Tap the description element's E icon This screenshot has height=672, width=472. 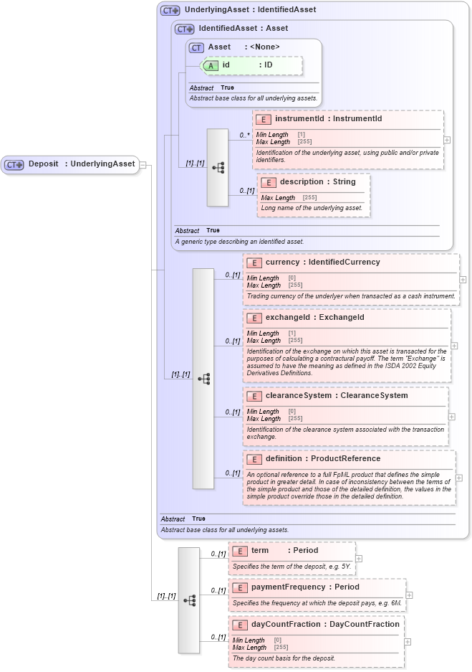(x=269, y=182)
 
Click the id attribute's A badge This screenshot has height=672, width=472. (x=211, y=65)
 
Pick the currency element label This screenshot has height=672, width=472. (x=282, y=262)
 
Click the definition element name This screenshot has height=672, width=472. (x=292, y=458)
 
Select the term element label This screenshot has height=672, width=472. (x=259, y=551)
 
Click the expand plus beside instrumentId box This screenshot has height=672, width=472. (x=447, y=140)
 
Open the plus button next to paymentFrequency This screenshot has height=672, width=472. (x=409, y=595)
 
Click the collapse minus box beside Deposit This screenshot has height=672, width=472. (x=143, y=164)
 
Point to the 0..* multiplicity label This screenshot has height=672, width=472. (x=244, y=135)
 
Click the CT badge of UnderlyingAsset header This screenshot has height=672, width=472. (x=170, y=11)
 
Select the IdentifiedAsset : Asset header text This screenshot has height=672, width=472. (x=244, y=29)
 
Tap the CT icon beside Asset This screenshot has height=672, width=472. (x=196, y=47)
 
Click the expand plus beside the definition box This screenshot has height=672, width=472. (x=458, y=478)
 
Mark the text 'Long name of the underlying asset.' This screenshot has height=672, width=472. (x=312, y=208)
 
